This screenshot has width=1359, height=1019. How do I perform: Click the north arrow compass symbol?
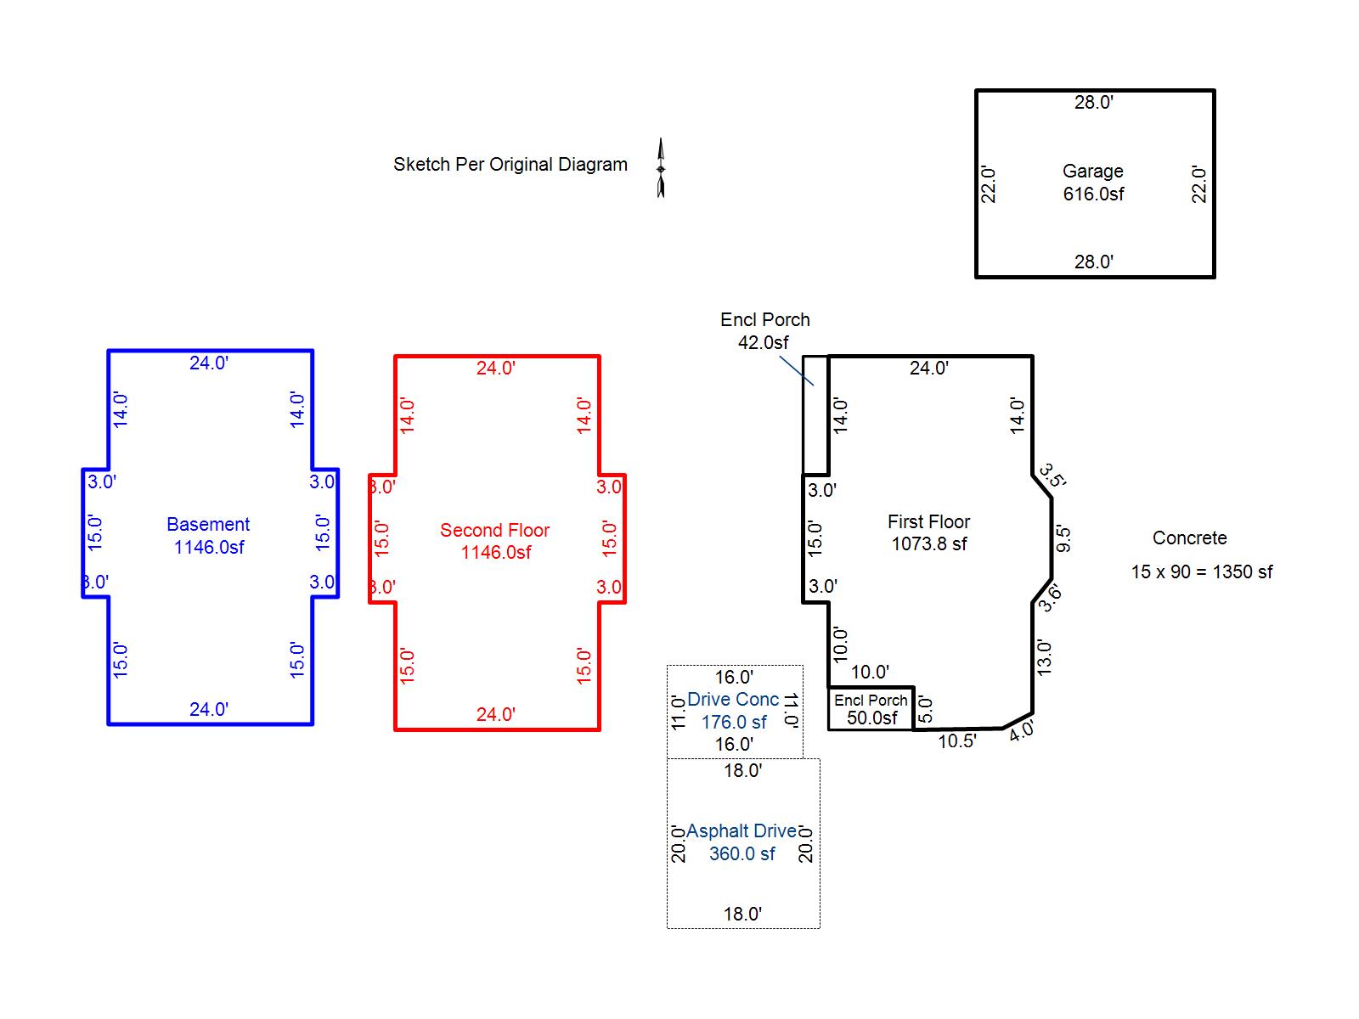(661, 167)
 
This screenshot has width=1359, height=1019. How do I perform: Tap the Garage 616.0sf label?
(1093, 183)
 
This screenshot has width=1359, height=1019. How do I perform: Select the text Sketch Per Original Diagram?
(510, 165)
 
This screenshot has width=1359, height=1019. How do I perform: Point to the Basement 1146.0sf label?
(208, 536)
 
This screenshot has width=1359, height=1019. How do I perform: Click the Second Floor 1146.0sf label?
(494, 542)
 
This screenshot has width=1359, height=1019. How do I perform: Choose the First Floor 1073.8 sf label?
(928, 532)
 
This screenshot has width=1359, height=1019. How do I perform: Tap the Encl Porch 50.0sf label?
(871, 709)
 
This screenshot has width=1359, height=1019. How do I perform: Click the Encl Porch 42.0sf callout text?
(764, 331)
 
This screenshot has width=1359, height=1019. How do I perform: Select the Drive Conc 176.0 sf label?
(733, 711)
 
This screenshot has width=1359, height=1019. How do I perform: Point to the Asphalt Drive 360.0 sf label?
(742, 842)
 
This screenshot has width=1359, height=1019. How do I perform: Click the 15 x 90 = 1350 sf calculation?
(1202, 571)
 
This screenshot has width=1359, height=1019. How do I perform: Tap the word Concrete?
(1189, 538)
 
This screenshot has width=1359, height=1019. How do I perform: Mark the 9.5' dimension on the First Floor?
(1063, 538)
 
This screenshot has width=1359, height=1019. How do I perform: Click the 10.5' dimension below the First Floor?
(957, 741)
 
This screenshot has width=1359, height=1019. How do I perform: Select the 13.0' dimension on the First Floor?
(1044, 657)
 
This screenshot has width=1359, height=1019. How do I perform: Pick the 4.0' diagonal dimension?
(1021, 730)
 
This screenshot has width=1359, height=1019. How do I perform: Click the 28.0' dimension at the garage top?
(1093, 102)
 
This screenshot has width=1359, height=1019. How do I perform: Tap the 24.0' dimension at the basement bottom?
(209, 709)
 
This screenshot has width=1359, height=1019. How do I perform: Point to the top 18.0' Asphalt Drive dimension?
(743, 770)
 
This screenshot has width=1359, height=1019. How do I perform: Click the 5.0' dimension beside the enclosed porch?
(924, 709)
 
